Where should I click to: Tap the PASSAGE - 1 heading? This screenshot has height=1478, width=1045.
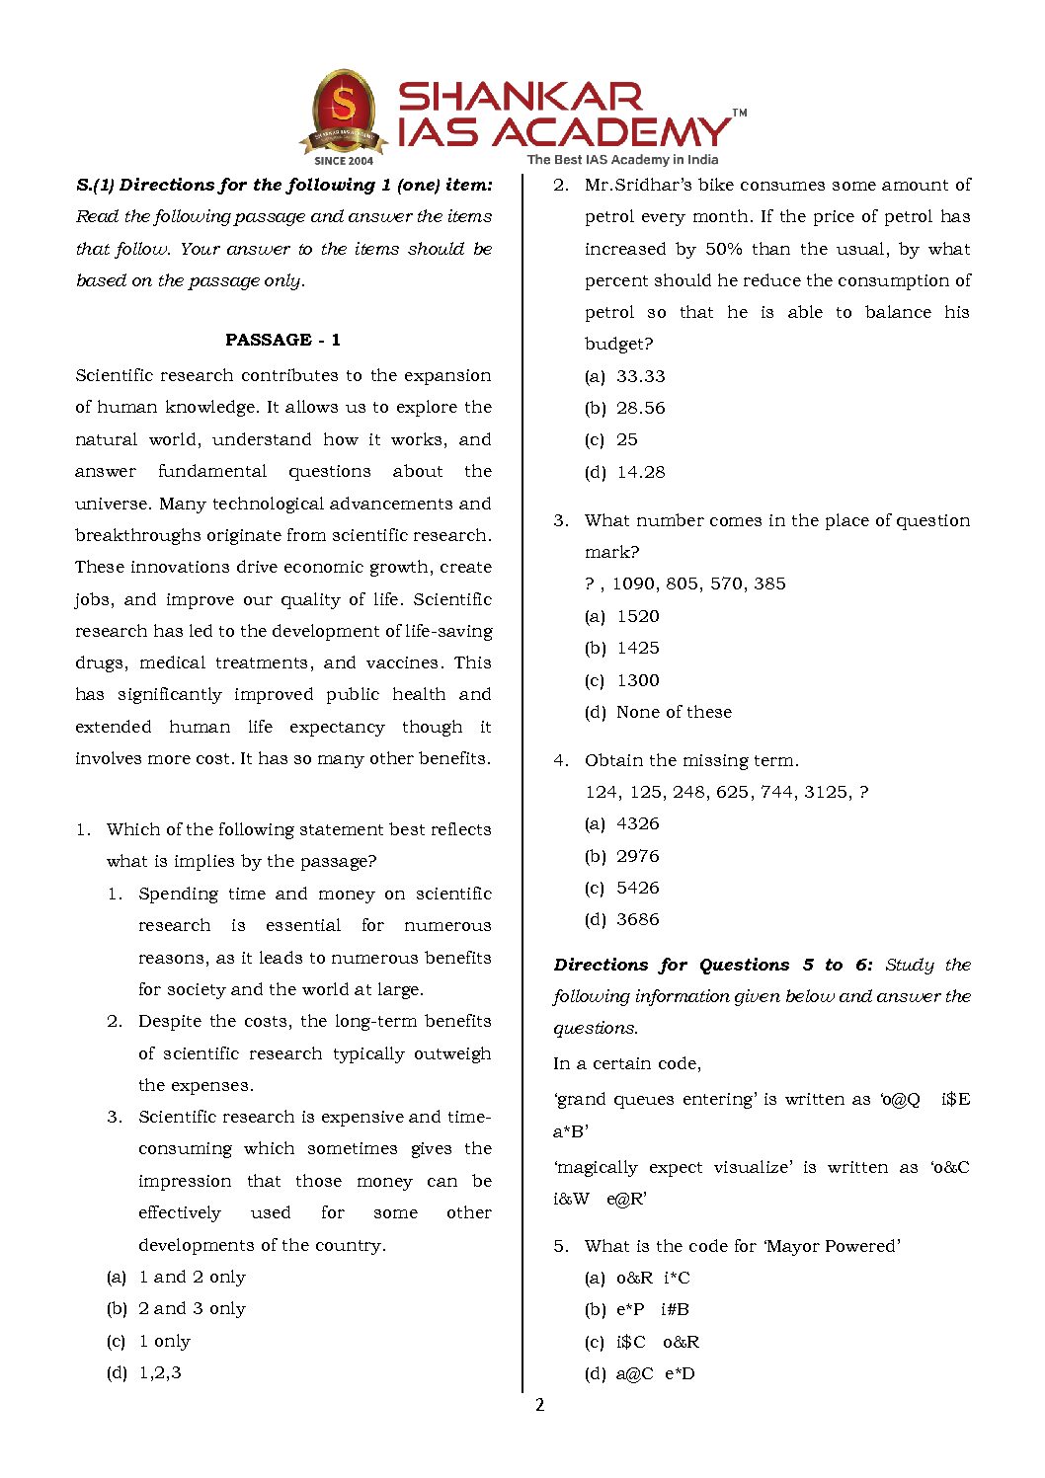282,340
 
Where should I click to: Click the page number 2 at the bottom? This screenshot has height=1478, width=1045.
539,1405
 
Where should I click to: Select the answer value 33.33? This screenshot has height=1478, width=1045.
640,376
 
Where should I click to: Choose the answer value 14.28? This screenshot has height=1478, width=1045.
640,472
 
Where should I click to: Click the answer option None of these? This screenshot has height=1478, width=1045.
674,712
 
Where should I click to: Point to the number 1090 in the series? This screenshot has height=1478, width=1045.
633,583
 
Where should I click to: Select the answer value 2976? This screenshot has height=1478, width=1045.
637,856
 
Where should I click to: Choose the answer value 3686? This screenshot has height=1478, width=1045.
637,919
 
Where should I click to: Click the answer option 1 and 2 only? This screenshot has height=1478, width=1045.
192,1277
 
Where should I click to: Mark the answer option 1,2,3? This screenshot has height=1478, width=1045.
160,1372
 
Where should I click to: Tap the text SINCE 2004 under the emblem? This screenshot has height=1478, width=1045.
344,160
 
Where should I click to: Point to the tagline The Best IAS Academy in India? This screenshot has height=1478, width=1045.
622,159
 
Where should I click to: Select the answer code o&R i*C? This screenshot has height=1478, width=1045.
653,1278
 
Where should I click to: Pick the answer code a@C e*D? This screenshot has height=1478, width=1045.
655,1373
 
